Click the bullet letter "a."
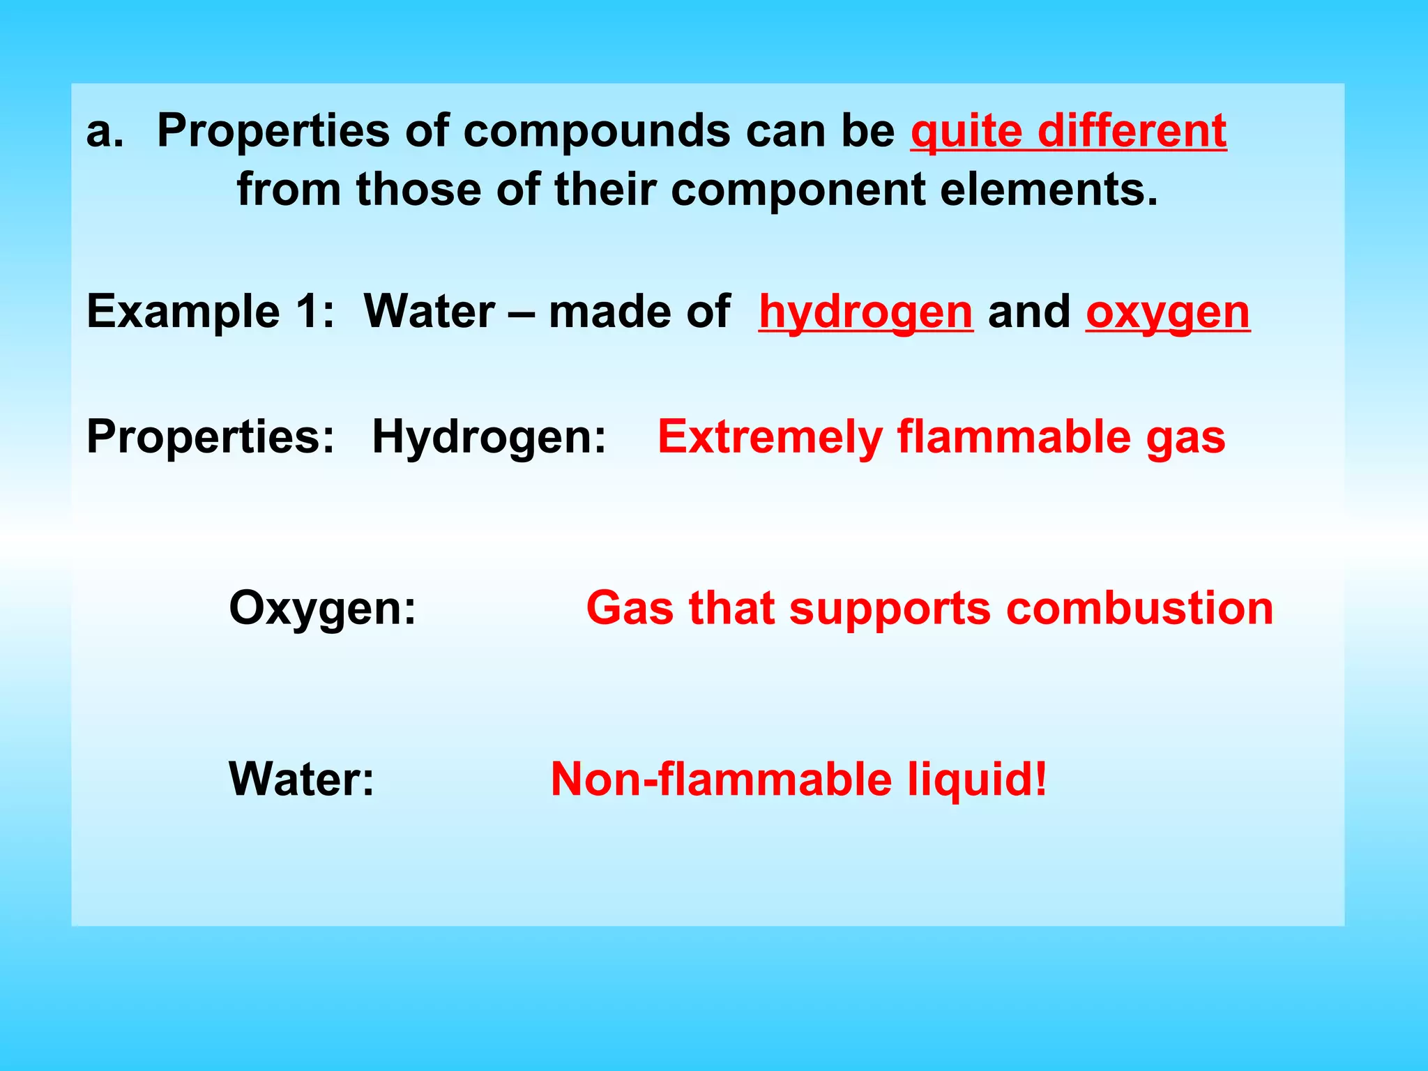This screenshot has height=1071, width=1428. (105, 131)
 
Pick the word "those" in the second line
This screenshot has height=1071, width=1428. (418, 190)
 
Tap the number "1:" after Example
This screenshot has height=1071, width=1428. (315, 312)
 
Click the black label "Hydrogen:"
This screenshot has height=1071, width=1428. (489, 438)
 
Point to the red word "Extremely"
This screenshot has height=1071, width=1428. (770, 438)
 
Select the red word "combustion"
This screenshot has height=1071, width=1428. (1139, 608)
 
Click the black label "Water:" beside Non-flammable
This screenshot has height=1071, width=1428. (301, 780)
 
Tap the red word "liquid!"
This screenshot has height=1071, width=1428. (977, 780)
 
